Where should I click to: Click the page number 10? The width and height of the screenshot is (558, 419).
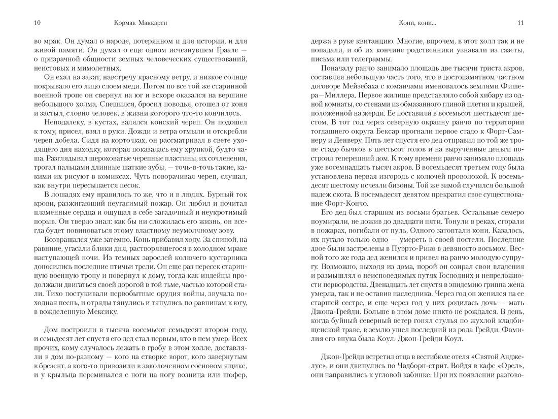pyautogui.click(x=37, y=22)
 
